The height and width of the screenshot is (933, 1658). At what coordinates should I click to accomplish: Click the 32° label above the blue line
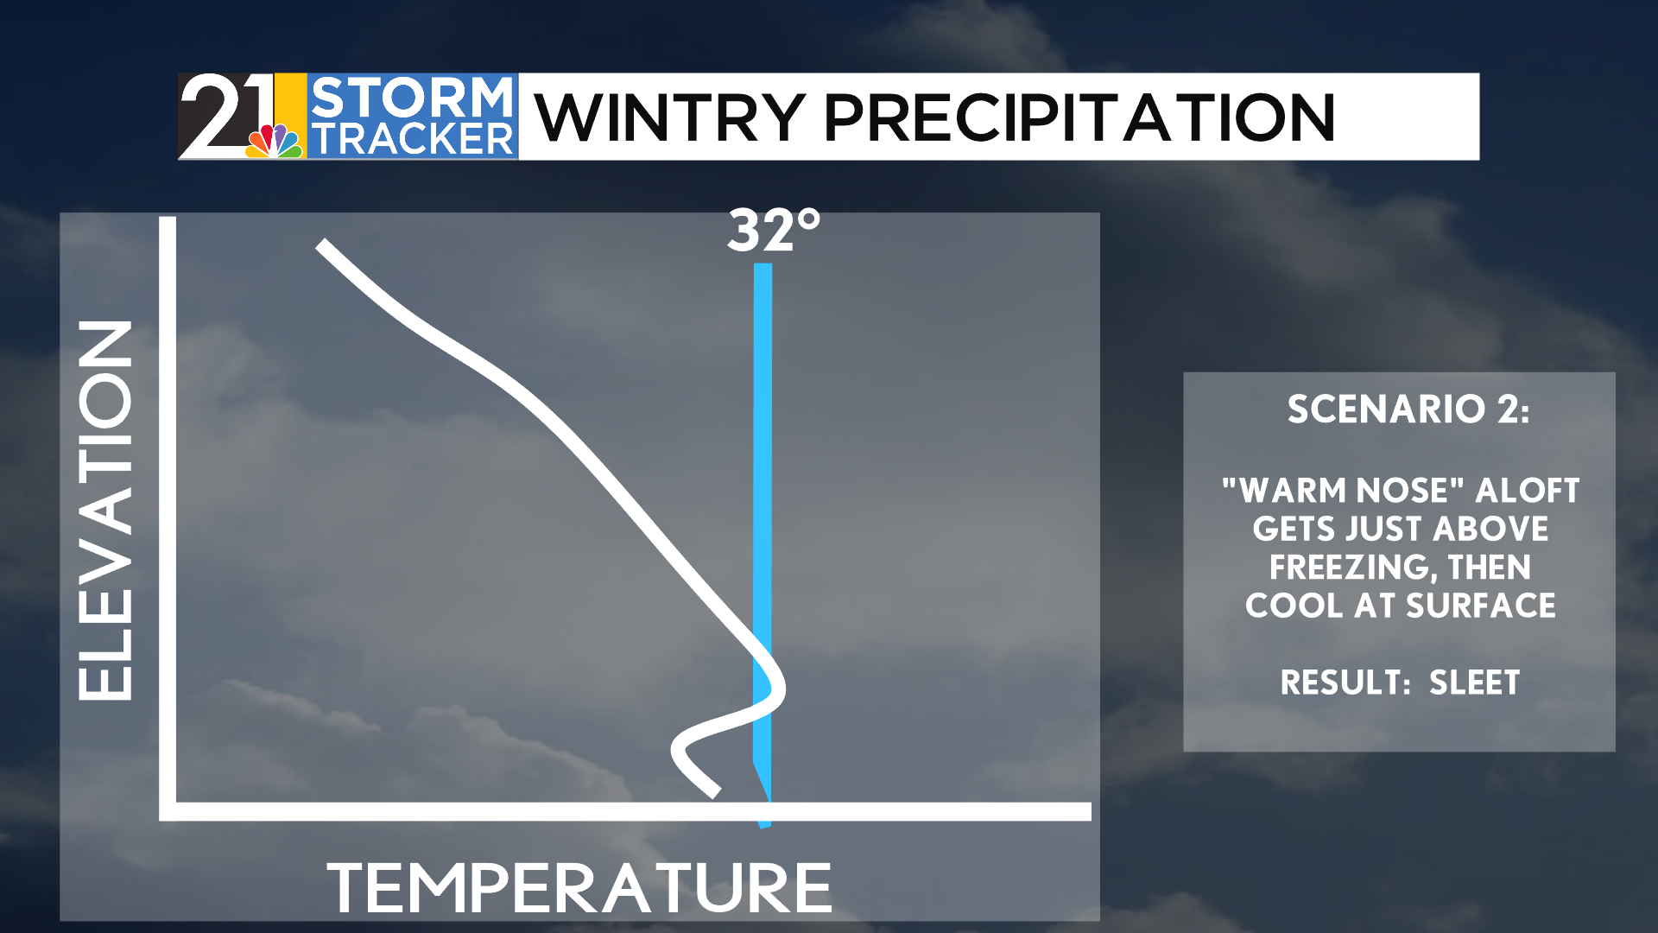(x=774, y=232)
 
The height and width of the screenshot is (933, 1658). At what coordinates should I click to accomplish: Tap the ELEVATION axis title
(x=105, y=510)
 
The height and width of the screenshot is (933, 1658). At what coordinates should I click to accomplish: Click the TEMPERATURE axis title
(x=579, y=887)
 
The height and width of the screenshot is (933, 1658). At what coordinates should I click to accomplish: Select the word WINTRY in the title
(x=670, y=117)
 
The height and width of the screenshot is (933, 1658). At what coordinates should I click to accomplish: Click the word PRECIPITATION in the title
(x=1080, y=117)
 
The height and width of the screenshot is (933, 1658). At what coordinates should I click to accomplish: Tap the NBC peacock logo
(x=275, y=141)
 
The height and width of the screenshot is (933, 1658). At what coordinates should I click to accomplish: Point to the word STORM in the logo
(x=412, y=98)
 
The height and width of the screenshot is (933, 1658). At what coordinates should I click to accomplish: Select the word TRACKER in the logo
(x=413, y=139)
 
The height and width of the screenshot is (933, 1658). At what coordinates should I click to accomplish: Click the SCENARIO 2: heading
(x=1408, y=409)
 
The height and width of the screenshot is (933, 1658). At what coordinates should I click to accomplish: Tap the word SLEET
(x=1474, y=682)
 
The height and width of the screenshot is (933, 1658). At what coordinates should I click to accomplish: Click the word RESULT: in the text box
(x=1345, y=682)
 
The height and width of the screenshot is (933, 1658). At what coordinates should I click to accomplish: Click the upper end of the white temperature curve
(x=321, y=246)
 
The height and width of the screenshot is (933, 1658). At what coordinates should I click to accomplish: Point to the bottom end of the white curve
(x=715, y=792)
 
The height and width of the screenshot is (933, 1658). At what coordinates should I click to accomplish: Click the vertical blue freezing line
(x=763, y=544)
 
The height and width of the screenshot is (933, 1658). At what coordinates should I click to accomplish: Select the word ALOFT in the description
(x=1528, y=490)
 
